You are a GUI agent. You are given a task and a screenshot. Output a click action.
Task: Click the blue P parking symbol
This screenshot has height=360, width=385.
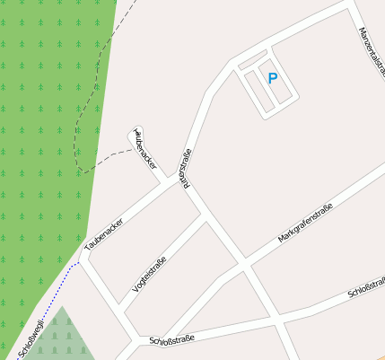point(273,78)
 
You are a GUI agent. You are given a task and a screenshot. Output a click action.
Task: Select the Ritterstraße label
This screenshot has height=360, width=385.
point(187,168)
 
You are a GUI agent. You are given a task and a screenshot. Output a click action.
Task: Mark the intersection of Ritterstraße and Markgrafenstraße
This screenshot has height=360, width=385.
point(244,263)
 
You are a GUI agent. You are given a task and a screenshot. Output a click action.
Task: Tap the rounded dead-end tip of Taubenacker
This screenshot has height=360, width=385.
point(136,130)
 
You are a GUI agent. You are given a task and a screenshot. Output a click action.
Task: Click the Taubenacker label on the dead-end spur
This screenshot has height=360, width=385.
point(145,150)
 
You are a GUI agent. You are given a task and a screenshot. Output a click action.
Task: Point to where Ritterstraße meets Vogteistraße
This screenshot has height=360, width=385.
point(204,218)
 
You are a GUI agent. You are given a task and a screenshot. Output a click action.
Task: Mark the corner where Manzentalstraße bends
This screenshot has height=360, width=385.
point(348,4)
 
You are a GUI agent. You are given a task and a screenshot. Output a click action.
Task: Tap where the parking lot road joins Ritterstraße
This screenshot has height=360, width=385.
point(231,63)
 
